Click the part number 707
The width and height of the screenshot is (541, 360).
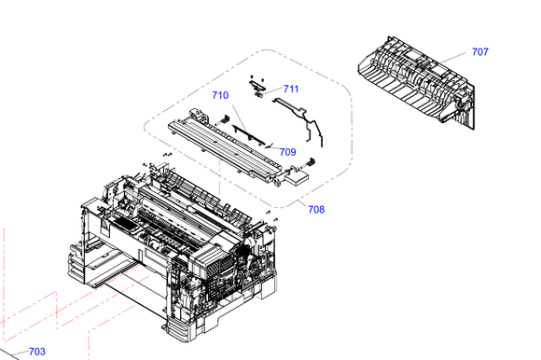coord(480,51)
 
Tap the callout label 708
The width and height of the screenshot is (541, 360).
coord(316,209)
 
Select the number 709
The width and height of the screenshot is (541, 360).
coord(287,152)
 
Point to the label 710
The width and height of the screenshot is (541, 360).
coord(220,95)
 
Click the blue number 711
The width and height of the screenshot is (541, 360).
coord(291,89)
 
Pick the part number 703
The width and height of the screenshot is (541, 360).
coord(37,352)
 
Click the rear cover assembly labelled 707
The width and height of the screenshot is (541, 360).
coord(417,82)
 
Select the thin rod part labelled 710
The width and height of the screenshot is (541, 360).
coord(248,135)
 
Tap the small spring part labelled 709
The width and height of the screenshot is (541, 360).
coord(270,145)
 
